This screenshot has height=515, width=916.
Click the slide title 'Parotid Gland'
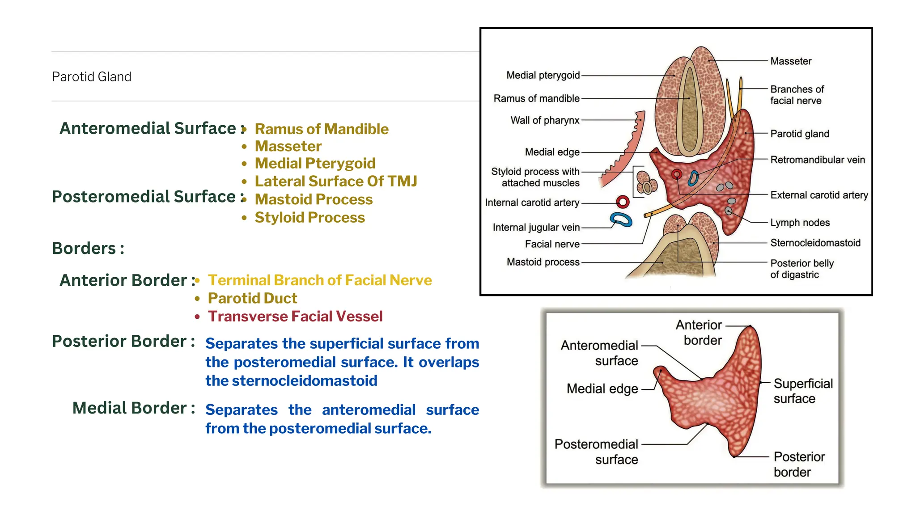pos(91,76)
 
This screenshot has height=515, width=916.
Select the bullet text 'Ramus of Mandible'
pos(322,129)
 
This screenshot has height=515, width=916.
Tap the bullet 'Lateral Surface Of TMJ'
pos(336,181)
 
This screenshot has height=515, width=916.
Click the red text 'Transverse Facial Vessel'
pos(295,317)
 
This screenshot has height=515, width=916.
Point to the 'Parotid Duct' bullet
pos(252,298)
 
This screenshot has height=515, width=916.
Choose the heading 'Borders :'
pos(88,248)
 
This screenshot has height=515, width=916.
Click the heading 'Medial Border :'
pos(134,408)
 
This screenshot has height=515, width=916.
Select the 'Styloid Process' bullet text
pos(310,218)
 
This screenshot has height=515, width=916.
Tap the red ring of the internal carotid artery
pos(623,202)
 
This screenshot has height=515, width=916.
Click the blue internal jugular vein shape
pos(621,220)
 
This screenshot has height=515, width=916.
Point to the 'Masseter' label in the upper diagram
pos(790,61)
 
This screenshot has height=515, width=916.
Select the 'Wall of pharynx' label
pos(545,120)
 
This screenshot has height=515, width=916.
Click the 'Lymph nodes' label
pos(800,223)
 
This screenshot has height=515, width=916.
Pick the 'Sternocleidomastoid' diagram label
pos(815,243)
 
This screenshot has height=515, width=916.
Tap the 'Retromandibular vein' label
pos(817,160)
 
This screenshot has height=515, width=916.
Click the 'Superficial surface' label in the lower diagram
pos(803,391)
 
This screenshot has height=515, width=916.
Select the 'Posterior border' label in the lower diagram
pos(799,464)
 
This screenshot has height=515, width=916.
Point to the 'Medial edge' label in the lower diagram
pos(602,389)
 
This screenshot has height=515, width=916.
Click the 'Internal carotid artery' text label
pos(532,203)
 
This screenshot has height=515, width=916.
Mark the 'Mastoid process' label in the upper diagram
pos(543,262)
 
